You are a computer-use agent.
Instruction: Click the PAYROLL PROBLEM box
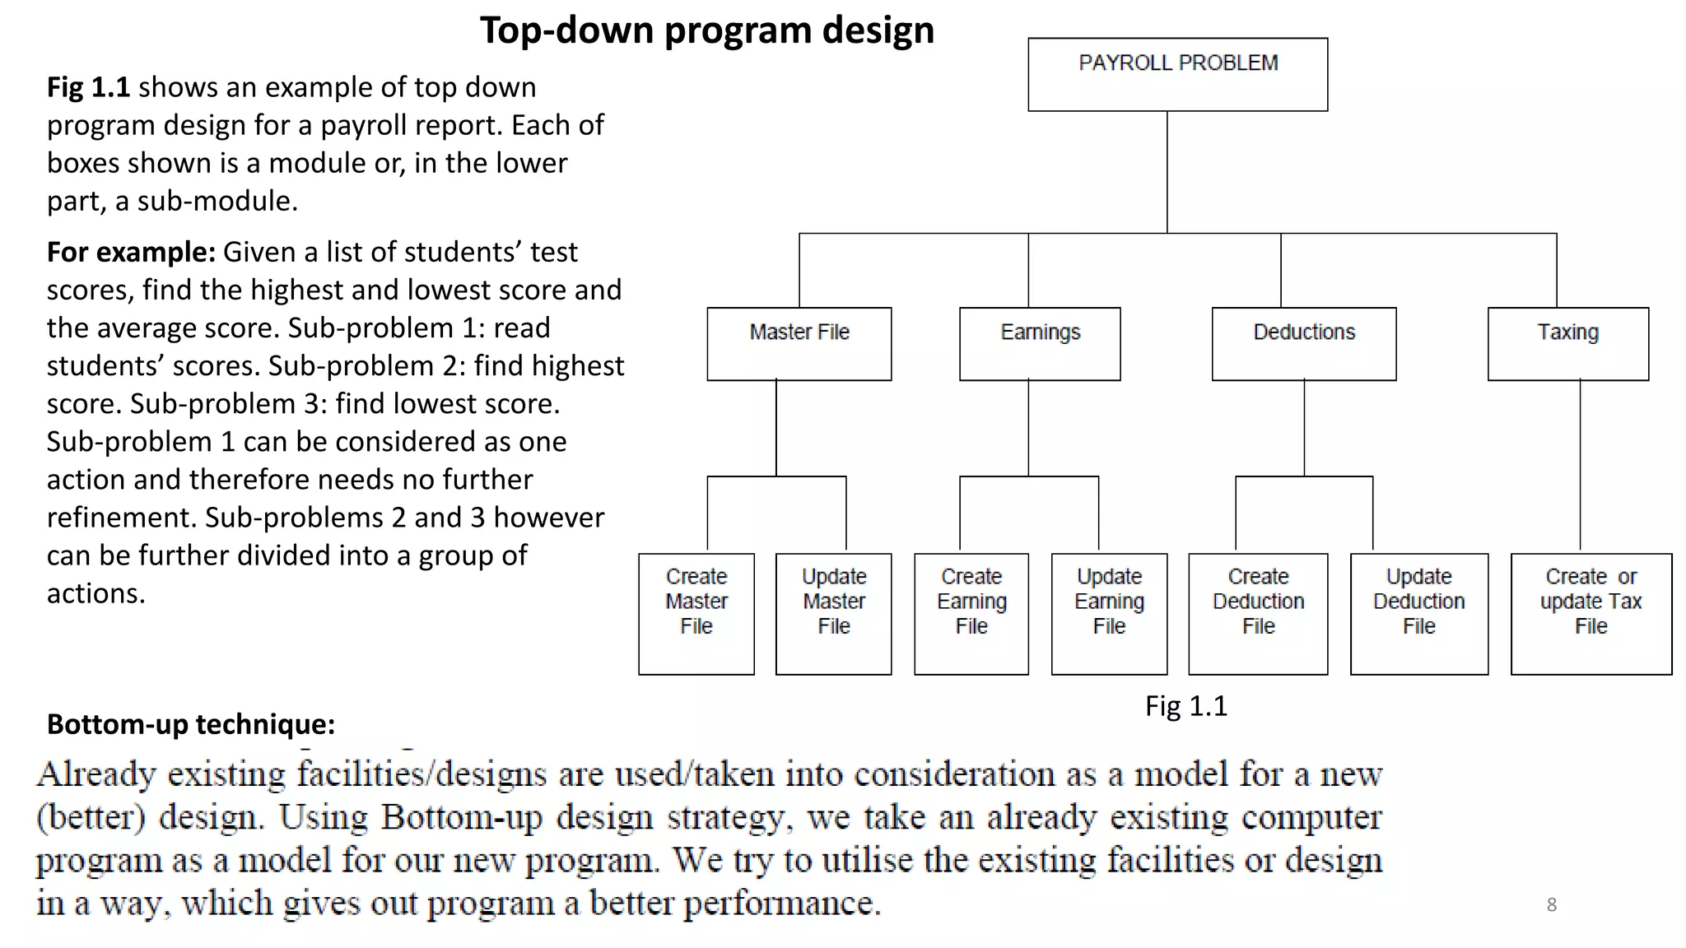(x=1177, y=74)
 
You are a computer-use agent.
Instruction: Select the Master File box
(x=799, y=343)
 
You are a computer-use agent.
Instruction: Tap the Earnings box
(x=1040, y=343)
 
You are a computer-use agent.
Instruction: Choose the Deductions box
(x=1304, y=343)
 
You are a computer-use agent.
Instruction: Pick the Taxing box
(x=1567, y=343)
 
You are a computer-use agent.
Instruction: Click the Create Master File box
(x=696, y=613)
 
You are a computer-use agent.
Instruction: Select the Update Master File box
(x=833, y=613)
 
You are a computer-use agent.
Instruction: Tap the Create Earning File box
(x=971, y=613)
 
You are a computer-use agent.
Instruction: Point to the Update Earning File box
(x=1109, y=613)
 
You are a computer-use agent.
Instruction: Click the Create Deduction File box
(x=1258, y=613)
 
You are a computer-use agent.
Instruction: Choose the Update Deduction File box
(x=1419, y=613)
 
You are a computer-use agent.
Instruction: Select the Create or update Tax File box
(x=1591, y=613)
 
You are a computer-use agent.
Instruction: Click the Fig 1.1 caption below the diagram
(x=1185, y=706)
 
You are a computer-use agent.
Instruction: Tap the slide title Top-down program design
(x=707, y=30)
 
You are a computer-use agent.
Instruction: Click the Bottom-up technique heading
(x=191, y=724)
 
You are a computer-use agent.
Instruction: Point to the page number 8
(x=1551, y=904)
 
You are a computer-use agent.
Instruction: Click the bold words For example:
(x=131, y=252)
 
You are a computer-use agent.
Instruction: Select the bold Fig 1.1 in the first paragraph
(x=88, y=87)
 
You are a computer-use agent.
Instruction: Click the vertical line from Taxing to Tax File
(x=1580, y=465)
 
